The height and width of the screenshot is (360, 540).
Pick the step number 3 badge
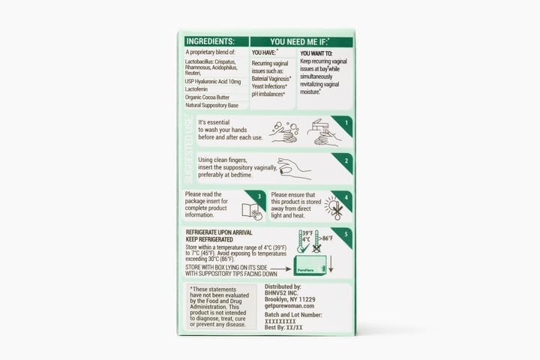click(x=259, y=196)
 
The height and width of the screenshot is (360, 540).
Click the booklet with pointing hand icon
click(x=253, y=211)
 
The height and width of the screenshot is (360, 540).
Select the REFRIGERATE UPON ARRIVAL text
click(x=221, y=232)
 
